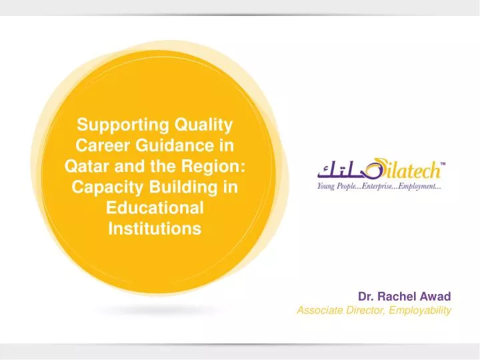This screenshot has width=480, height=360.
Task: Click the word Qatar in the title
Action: point(86,166)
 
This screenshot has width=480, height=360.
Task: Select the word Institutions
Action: point(154,229)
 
